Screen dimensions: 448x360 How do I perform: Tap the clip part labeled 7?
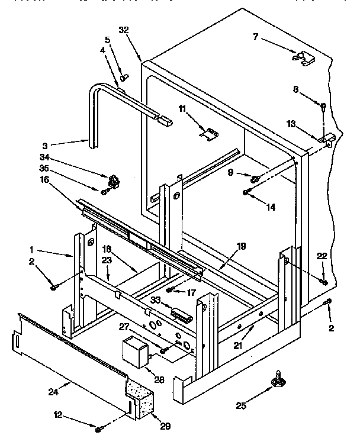click(303, 59)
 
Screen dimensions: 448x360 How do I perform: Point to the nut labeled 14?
click(247, 191)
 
